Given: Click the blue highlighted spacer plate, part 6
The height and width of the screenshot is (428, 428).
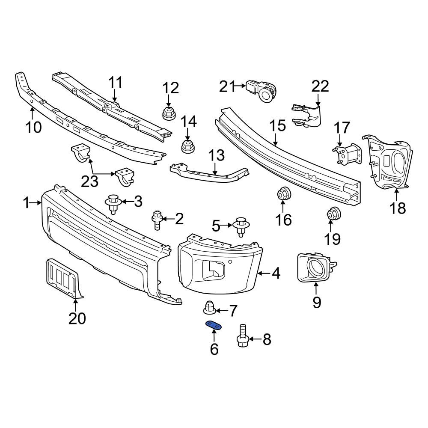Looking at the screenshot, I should (x=214, y=326).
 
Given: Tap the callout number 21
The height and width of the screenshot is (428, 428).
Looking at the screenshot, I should (x=227, y=87).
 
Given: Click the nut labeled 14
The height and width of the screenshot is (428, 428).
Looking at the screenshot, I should (x=187, y=146).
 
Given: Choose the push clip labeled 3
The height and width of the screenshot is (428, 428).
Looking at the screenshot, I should (x=113, y=203).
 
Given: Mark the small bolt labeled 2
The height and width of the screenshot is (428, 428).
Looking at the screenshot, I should (x=157, y=220).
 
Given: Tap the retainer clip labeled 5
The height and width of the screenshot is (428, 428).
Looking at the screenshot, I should (x=241, y=226).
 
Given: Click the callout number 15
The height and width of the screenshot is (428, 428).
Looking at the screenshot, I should (x=277, y=126).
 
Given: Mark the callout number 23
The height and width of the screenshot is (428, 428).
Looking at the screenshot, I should (x=90, y=182).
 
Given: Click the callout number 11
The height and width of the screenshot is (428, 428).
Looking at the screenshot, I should (x=115, y=83).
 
